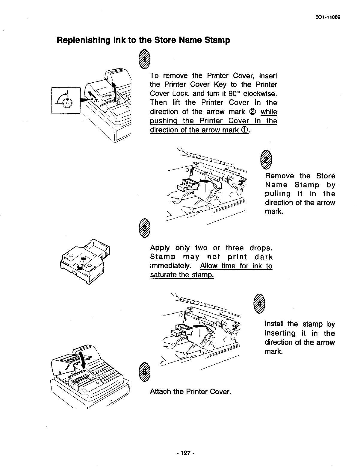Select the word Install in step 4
[x=275, y=324]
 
